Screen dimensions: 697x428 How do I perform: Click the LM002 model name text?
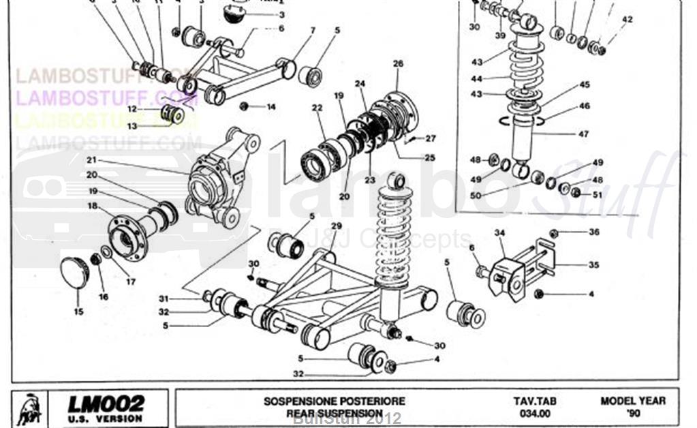pos(106,403)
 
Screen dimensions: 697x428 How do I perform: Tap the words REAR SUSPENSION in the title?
pos(335,413)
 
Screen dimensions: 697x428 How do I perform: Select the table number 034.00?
pos(533,413)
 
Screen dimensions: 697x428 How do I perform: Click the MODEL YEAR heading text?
pos(633,401)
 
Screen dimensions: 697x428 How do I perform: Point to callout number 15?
pos(78,312)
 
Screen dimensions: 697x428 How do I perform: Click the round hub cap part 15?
pos(75,272)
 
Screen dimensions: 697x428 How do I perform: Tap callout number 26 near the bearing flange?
pos(399,63)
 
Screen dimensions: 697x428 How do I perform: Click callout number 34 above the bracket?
pos(500,233)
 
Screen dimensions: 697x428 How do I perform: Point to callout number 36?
pos(594,232)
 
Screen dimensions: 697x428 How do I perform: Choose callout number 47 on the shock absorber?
pos(583,134)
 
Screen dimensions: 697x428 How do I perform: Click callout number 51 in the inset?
pos(598,194)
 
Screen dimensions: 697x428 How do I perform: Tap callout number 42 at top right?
pos(627,20)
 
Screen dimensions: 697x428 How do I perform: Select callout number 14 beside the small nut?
pos(270,107)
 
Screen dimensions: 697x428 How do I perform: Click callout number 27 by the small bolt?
pos(430,138)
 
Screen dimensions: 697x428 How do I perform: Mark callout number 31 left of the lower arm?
pos(164,299)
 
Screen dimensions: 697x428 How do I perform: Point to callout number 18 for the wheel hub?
pos(92,205)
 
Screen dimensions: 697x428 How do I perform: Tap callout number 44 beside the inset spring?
pos(476,78)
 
